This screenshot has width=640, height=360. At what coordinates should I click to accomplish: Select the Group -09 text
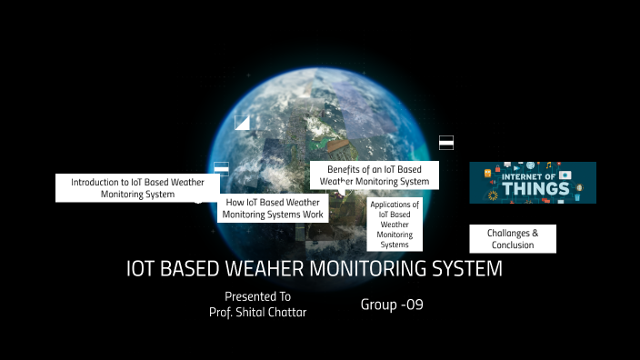[392, 305]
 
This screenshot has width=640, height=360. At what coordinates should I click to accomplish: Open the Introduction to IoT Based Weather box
[137, 188]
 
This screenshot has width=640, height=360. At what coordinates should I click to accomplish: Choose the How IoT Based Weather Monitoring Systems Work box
[274, 208]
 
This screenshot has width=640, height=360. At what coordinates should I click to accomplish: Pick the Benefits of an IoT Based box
[375, 175]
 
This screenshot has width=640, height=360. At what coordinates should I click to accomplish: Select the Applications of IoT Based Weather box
[395, 225]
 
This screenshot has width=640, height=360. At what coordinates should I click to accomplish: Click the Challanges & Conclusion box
[513, 239]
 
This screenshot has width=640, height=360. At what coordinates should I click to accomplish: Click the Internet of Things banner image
[533, 182]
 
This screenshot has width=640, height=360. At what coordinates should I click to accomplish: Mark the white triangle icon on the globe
[242, 123]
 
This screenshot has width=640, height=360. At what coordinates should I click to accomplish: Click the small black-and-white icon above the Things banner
[446, 142]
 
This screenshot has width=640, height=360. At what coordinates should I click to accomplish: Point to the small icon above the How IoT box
[221, 167]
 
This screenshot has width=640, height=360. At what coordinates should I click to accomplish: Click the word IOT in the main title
[143, 269]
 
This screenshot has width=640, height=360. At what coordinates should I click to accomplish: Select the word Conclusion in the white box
[513, 245]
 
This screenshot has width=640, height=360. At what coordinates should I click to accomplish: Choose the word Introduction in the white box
[99, 182]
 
